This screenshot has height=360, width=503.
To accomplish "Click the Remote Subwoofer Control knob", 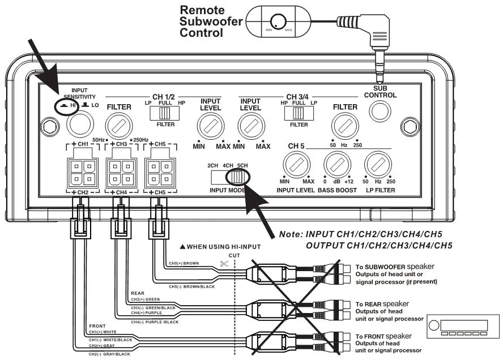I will click(x=277, y=22).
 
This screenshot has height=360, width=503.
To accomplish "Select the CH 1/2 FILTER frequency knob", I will click(x=120, y=123).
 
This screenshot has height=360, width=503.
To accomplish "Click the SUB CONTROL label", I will click(x=380, y=92).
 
